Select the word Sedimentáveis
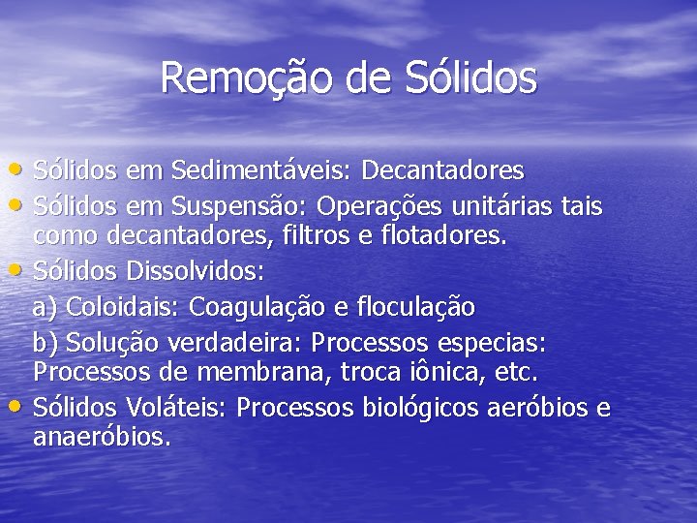pos(262,171)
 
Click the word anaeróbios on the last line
pos(101,437)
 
